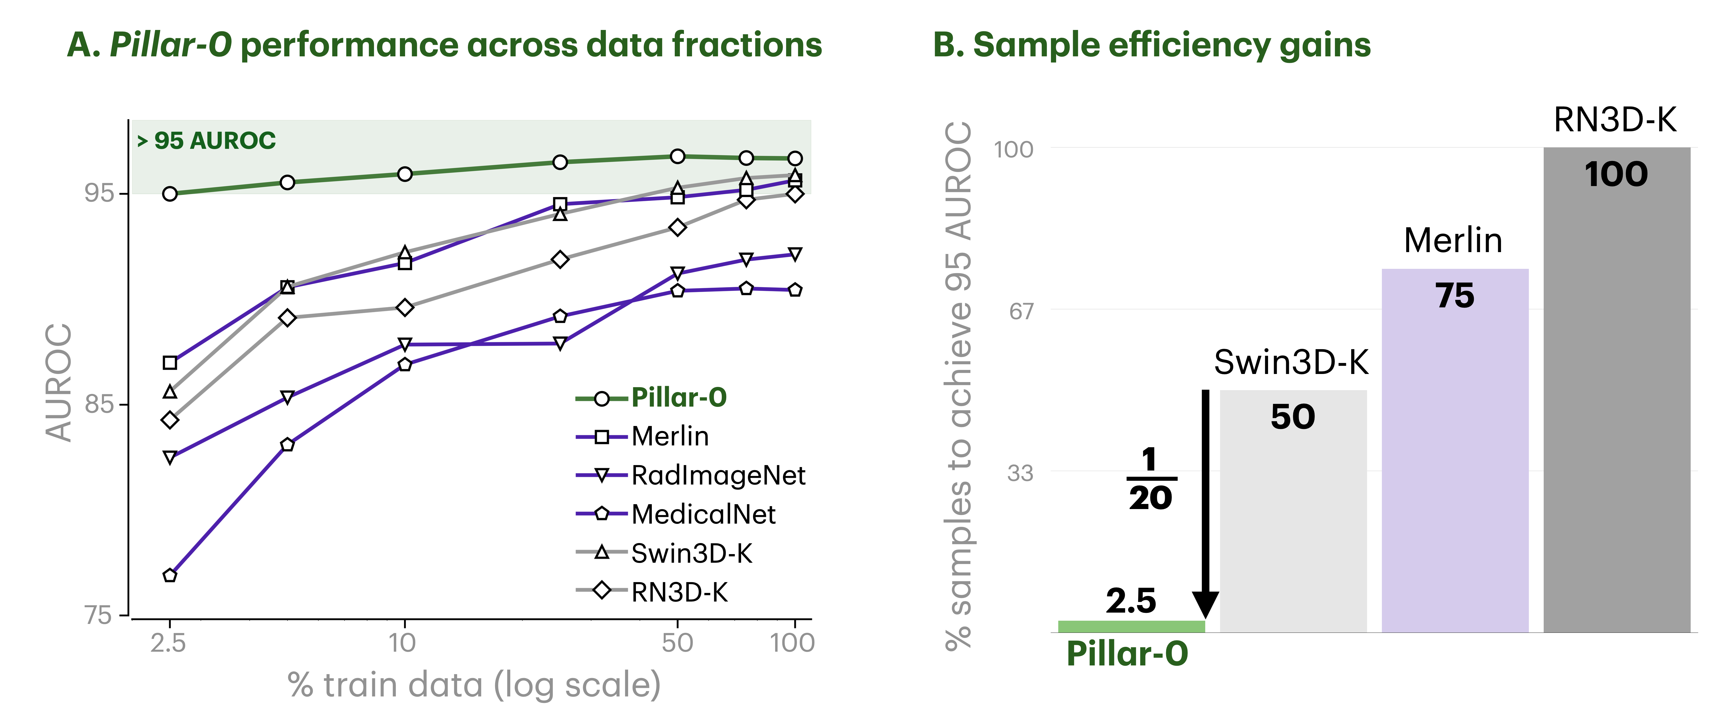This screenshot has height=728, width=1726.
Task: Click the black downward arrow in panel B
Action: pyautogui.click(x=1206, y=502)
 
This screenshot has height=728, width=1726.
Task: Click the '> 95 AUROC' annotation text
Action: pyautogui.click(x=206, y=141)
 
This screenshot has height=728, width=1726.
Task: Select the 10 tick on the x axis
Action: pyautogui.click(x=403, y=643)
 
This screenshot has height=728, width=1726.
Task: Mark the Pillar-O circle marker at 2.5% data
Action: pyautogui.click(x=170, y=194)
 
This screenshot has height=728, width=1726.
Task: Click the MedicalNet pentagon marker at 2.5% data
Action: pyautogui.click(x=170, y=575)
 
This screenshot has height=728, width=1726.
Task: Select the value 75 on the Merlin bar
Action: pyautogui.click(x=1455, y=295)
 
